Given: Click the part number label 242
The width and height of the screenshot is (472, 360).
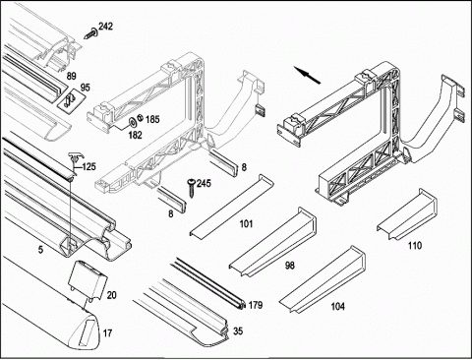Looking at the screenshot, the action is click(105, 26).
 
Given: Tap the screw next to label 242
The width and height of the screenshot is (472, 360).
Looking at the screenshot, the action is click(91, 33).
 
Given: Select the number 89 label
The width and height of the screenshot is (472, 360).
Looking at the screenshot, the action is click(71, 76).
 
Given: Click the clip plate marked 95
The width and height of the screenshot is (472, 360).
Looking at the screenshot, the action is click(71, 100).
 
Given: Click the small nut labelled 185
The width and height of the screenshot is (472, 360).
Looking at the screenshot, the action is click(140, 117).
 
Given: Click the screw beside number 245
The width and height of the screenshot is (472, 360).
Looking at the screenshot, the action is click(191, 188).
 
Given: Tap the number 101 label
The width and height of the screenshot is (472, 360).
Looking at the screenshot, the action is click(246, 224).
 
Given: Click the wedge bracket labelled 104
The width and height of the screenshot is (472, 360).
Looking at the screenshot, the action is click(323, 280).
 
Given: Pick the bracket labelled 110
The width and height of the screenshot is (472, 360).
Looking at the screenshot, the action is click(407, 214).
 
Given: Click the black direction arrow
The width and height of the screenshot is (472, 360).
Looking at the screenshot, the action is click(307, 75).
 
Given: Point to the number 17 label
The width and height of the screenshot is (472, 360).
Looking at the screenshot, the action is click(107, 333).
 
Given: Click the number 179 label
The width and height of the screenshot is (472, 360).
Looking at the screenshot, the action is click(256, 305).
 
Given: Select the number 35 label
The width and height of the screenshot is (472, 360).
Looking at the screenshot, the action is click(238, 331).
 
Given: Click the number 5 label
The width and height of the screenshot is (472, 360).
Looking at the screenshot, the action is click(40, 250).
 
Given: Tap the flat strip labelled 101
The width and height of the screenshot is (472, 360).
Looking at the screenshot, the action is click(231, 205).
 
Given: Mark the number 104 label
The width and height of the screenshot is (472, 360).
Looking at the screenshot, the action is click(338, 307).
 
